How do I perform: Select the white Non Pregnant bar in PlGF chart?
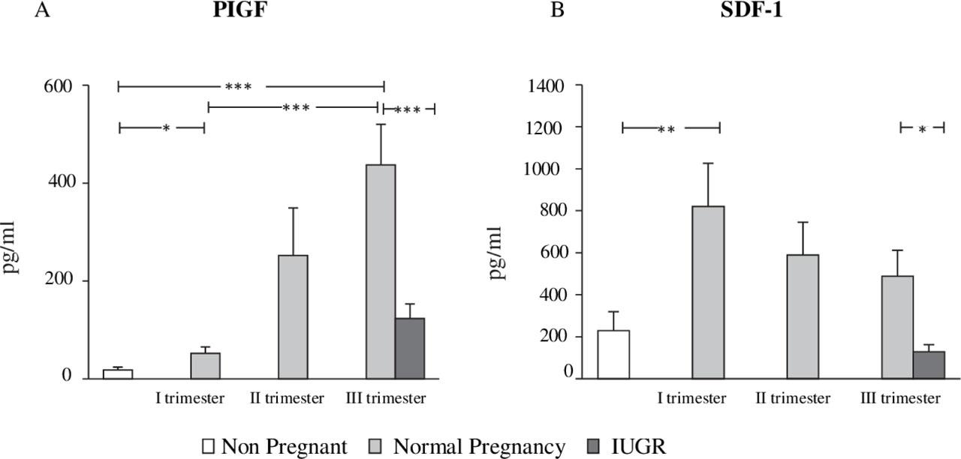(118, 373)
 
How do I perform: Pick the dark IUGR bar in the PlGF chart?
(410, 348)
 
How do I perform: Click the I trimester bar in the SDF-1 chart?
(708, 292)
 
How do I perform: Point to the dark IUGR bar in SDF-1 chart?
(929, 364)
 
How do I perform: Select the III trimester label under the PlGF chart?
(386, 398)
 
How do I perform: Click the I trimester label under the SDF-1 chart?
(691, 398)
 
